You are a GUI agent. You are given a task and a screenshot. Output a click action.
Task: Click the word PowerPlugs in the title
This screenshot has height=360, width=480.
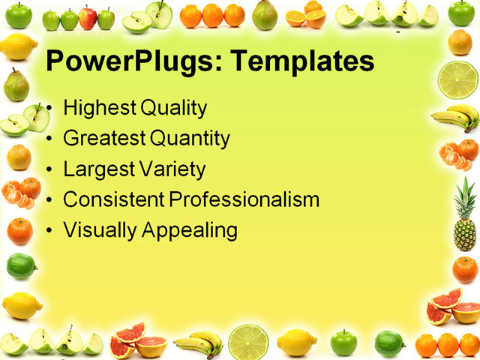[x=124, y=61]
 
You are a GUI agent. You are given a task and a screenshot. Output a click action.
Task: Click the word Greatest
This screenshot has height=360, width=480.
[x=104, y=138]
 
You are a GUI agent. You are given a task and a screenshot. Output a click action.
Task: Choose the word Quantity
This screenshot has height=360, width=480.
[x=190, y=139]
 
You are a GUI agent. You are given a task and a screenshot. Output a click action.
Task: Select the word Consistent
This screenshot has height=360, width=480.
[x=114, y=199]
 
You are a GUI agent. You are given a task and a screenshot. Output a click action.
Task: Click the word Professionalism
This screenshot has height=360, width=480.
[x=244, y=199]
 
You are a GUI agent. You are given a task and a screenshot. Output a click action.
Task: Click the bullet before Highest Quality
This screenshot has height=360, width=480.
[x=49, y=109]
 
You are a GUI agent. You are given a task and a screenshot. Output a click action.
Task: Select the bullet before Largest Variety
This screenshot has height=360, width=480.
[x=49, y=169]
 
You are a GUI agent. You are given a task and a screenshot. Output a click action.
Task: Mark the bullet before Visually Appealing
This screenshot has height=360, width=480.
[x=49, y=230]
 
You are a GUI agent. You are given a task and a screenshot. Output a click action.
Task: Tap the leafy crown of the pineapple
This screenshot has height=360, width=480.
[x=466, y=193]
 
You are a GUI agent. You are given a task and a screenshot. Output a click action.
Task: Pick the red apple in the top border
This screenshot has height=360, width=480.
[x=88, y=17]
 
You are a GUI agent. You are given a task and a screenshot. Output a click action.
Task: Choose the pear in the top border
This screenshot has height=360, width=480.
[x=264, y=15]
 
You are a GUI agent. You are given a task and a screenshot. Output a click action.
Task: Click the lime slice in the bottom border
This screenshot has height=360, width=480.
[x=248, y=342]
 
